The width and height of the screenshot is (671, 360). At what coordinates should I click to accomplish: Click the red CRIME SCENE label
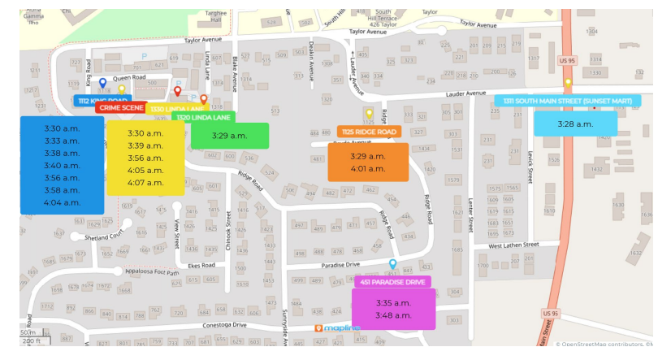point(120,107)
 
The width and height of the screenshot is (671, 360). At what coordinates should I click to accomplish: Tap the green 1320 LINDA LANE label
point(202,118)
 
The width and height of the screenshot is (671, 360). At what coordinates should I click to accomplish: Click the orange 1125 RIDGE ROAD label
point(370,132)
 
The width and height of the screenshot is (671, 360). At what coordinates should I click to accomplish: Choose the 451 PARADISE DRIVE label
point(393,282)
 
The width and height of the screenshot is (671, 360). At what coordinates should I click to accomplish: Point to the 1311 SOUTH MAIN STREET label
point(578,101)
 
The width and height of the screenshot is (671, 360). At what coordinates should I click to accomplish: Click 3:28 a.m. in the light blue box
point(575,124)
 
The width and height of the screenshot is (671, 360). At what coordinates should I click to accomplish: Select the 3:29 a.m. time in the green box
point(229,136)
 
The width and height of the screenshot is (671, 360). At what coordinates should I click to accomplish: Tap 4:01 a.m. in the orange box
point(368,169)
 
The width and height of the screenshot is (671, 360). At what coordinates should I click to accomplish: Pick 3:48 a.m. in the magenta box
point(393,315)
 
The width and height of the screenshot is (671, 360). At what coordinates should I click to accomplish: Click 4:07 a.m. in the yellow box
point(145,183)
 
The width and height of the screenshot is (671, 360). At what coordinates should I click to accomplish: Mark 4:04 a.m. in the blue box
point(62,202)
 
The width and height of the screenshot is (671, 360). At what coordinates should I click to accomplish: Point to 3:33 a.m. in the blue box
point(62,141)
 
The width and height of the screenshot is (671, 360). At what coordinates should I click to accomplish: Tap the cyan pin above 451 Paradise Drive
point(393,265)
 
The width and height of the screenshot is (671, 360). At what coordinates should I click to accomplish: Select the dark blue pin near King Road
point(102,83)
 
